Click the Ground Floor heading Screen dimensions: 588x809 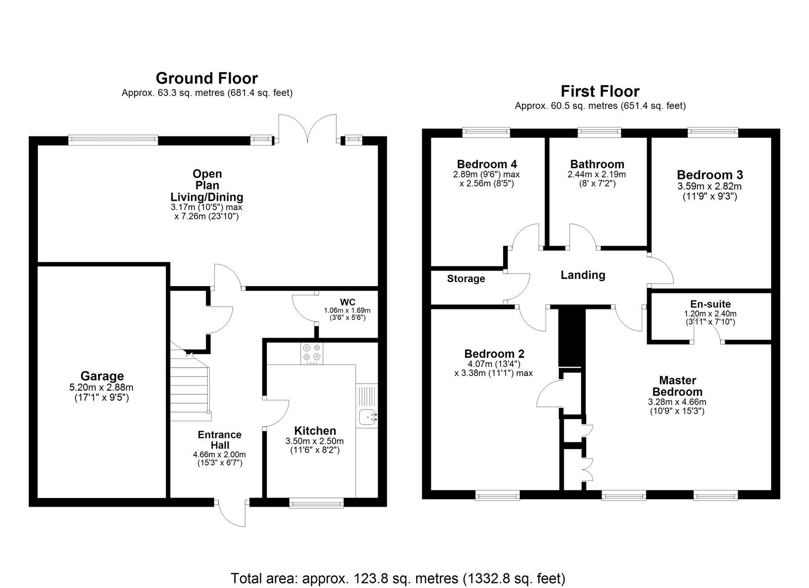206,78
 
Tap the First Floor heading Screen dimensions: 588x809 600,92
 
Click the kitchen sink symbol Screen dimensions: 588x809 367,418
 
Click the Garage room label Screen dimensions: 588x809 102,376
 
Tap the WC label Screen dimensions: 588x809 347,302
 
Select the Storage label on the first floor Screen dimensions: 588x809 466,279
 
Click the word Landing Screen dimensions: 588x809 582,275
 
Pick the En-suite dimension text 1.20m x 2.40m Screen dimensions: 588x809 710,313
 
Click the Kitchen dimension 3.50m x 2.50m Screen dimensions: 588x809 314,441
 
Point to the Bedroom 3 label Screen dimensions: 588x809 709,175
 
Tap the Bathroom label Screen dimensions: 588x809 597,164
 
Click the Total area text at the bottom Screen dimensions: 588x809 397,578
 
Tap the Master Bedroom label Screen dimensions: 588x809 677,386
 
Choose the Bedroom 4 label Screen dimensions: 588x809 486,164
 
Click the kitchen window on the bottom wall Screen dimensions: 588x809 316,502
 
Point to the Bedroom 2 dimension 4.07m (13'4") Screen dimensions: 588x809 494,364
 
